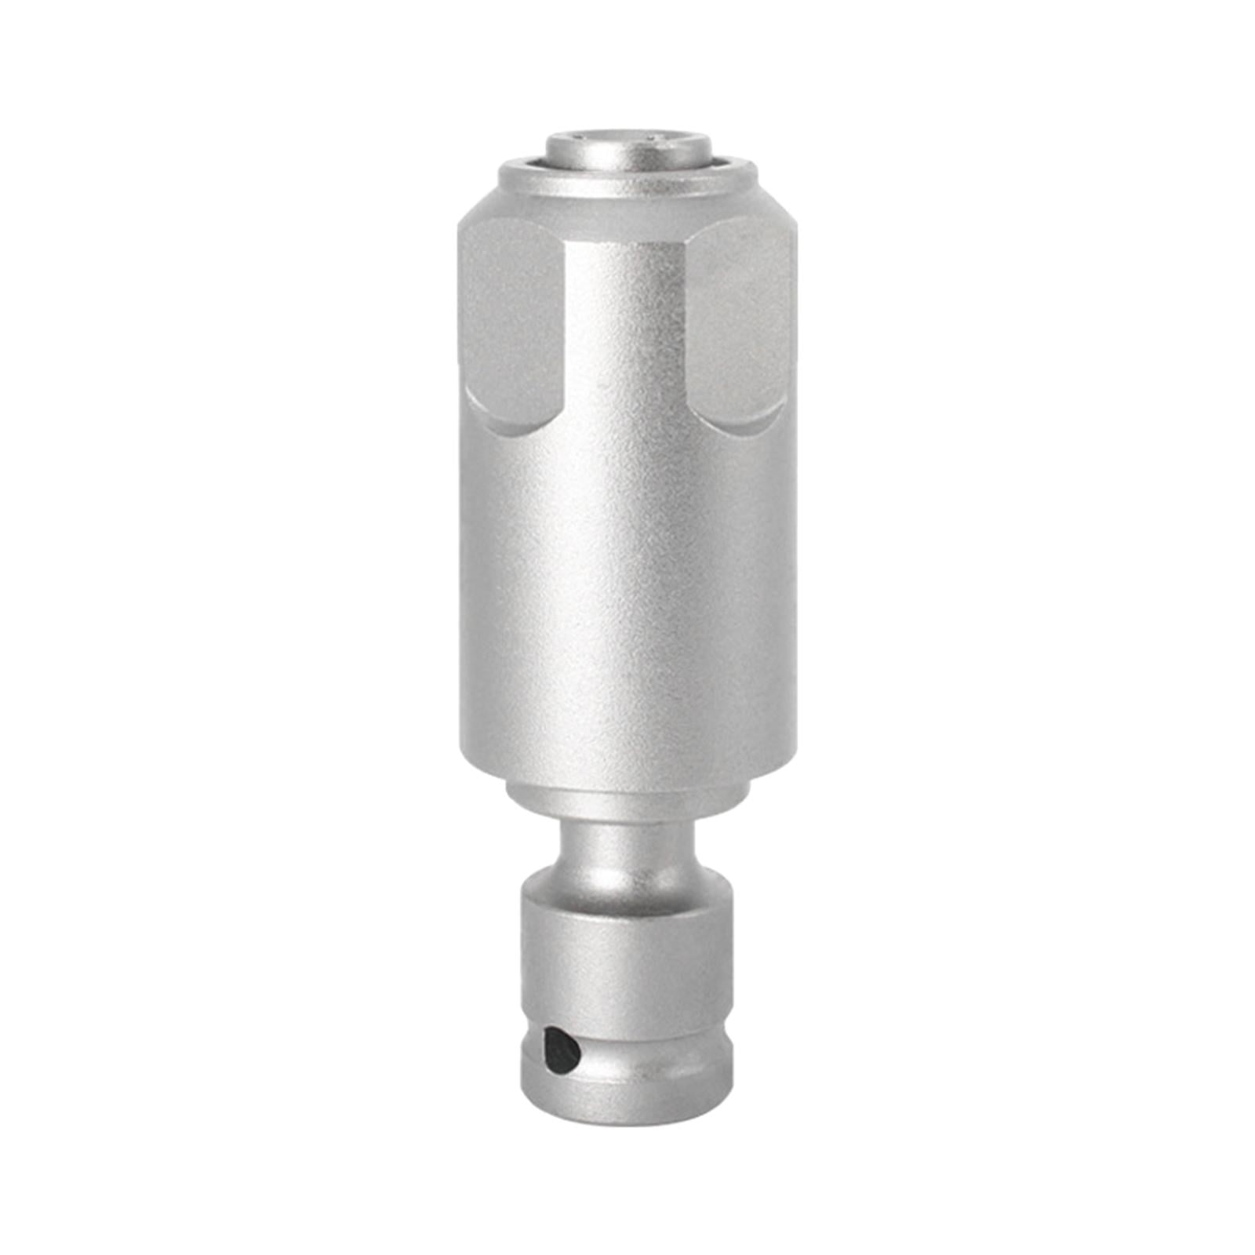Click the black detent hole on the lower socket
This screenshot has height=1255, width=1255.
562,1049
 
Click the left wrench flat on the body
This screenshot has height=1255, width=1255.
510,322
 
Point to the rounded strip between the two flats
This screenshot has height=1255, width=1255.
627,329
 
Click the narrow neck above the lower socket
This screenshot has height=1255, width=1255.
627,843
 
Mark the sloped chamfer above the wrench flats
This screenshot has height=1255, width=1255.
627,204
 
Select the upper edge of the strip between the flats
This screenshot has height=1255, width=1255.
627,235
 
